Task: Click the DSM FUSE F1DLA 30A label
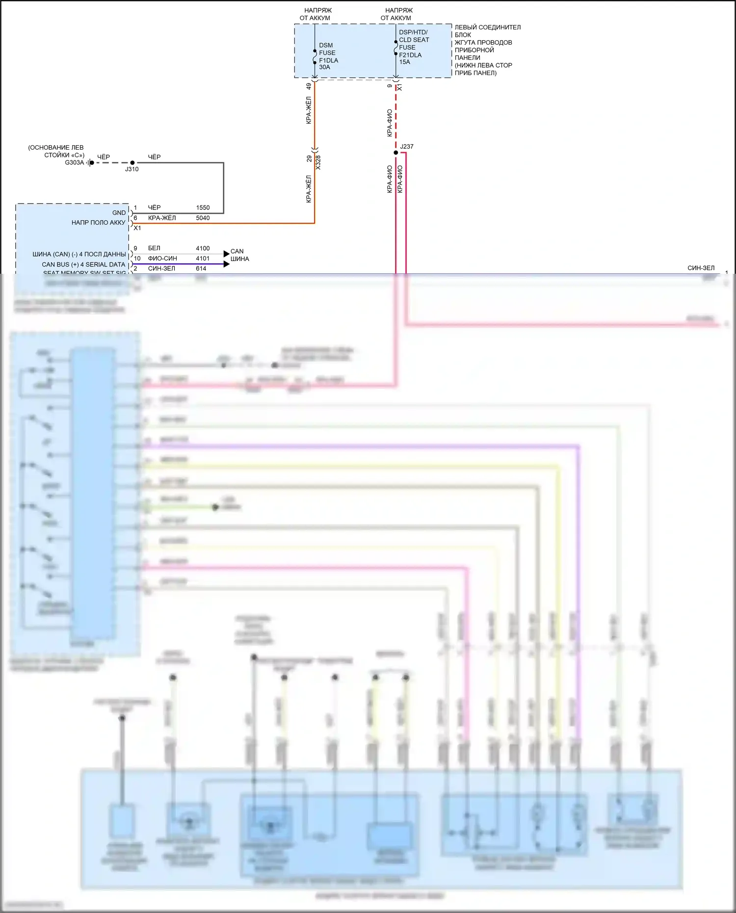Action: [x=328, y=56]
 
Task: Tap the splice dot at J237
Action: [x=396, y=153]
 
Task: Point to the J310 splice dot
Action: [x=132, y=162]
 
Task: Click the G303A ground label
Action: [x=74, y=162]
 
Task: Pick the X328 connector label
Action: [x=318, y=162]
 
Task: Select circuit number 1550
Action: [x=203, y=208]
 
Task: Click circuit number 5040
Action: [x=203, y=218]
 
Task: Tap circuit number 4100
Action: [x=203, y=248]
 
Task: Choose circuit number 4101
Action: [x=203, y=259]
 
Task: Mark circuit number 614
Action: [x=201, y=268]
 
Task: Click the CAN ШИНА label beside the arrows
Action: [x=239, y=255]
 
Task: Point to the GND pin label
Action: [x=119, y=213]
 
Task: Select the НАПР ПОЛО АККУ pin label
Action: [x=98, y=223]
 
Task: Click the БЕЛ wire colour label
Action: [x=154, y=248]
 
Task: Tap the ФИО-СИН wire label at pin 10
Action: [x=162, y=259]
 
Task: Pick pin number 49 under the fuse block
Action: [x=309, y=86]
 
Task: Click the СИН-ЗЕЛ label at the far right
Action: [x=701, y=268]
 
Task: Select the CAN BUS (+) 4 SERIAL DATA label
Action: [x=83, y=264]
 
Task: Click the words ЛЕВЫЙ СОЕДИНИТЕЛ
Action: [x=487, y=27]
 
